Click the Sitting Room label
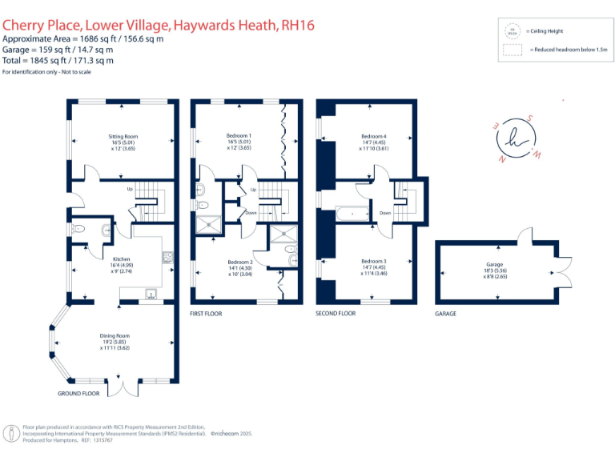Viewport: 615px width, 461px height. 123,136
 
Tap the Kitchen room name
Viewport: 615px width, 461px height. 121,259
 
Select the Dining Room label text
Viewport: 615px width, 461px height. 115,335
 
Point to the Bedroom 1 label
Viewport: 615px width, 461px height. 239,136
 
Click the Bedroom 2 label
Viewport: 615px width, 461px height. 239,262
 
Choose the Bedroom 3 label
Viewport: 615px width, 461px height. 373,262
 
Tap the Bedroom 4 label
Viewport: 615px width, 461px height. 373,136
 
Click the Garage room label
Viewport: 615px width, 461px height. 494,263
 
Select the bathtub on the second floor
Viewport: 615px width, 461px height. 352,214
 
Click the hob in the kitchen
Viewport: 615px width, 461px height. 168,258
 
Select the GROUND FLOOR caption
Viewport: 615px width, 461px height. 78,394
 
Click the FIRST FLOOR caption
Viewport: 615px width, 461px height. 206,314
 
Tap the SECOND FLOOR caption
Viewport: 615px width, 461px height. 336,314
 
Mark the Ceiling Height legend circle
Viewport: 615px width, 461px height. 512,30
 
